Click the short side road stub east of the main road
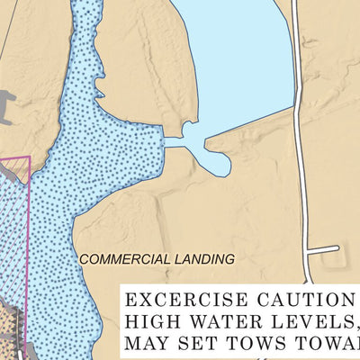coord(324,249)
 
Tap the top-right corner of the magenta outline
coord(30,157)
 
